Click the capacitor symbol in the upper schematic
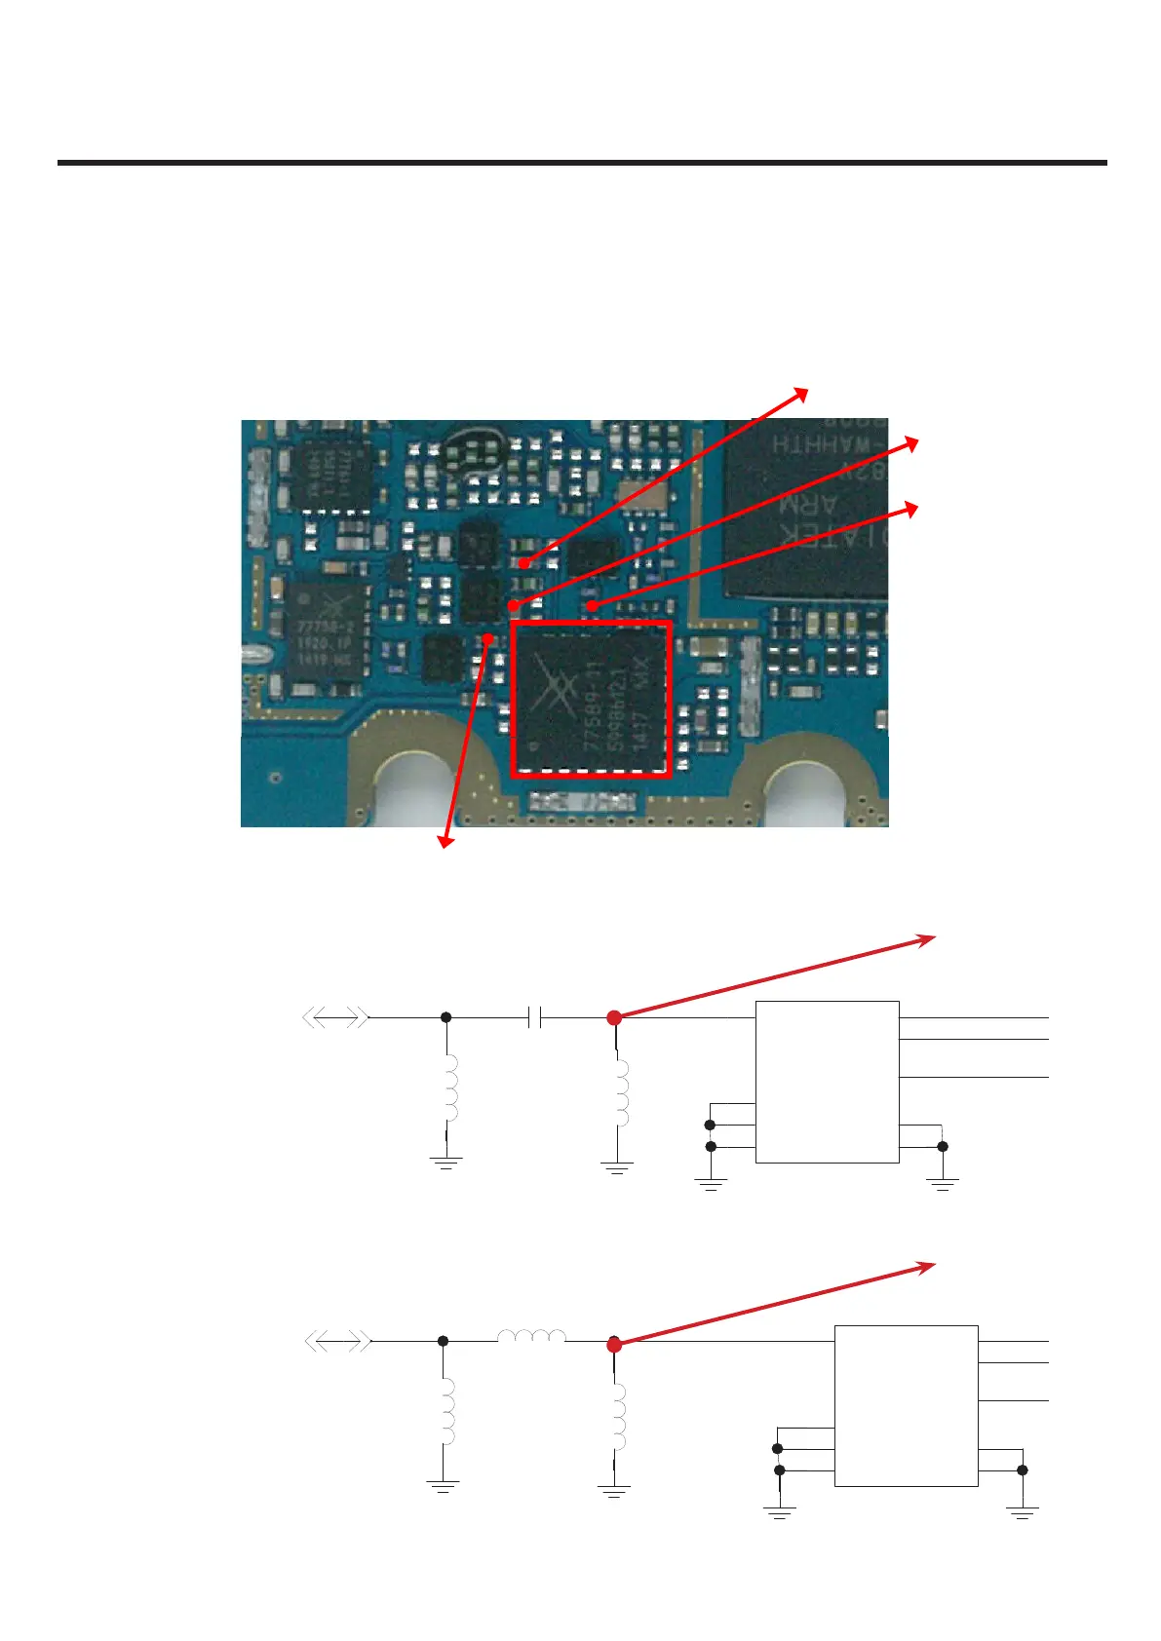pyautogui.click(x=534, y=1018)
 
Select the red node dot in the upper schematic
pyautogui.click(x=614, y=1018)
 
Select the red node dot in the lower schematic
pyautogui.click(x=614, y=1345)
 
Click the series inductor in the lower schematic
pyautogui.click(x=531, y=1337)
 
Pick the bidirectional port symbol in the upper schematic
pyautogui.click(x=335, y=1018)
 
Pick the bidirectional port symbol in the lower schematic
pyautogui.click(x=337, y=1342)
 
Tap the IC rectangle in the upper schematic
pyautogui.click(x=827, y=1082)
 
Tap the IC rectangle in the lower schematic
pyautogui.click(x=906, y=1406)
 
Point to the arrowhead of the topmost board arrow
pyautogui.click(x=802, y=392)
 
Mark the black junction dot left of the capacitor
pyautogui.click(x=445, y=1018)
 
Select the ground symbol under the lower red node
pyautogui.click(x=614, y=1491)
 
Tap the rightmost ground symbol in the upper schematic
pyautogui.click(x=943, y=1184)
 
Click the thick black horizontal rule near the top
pyautogui.click(x=582, y=163)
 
